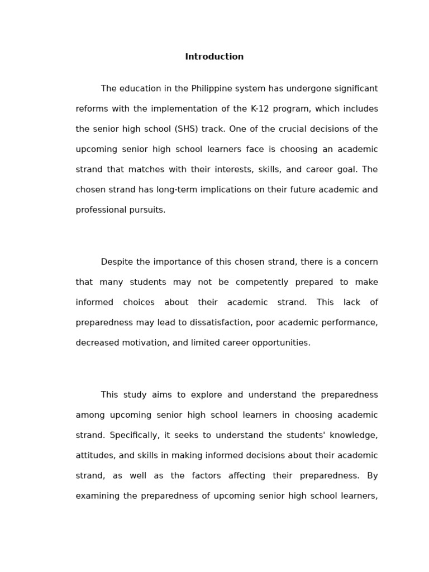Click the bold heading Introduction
coord(214,57)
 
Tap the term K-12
coord(260,109)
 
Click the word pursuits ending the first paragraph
coord(147,210)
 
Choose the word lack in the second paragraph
coord(352,303)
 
